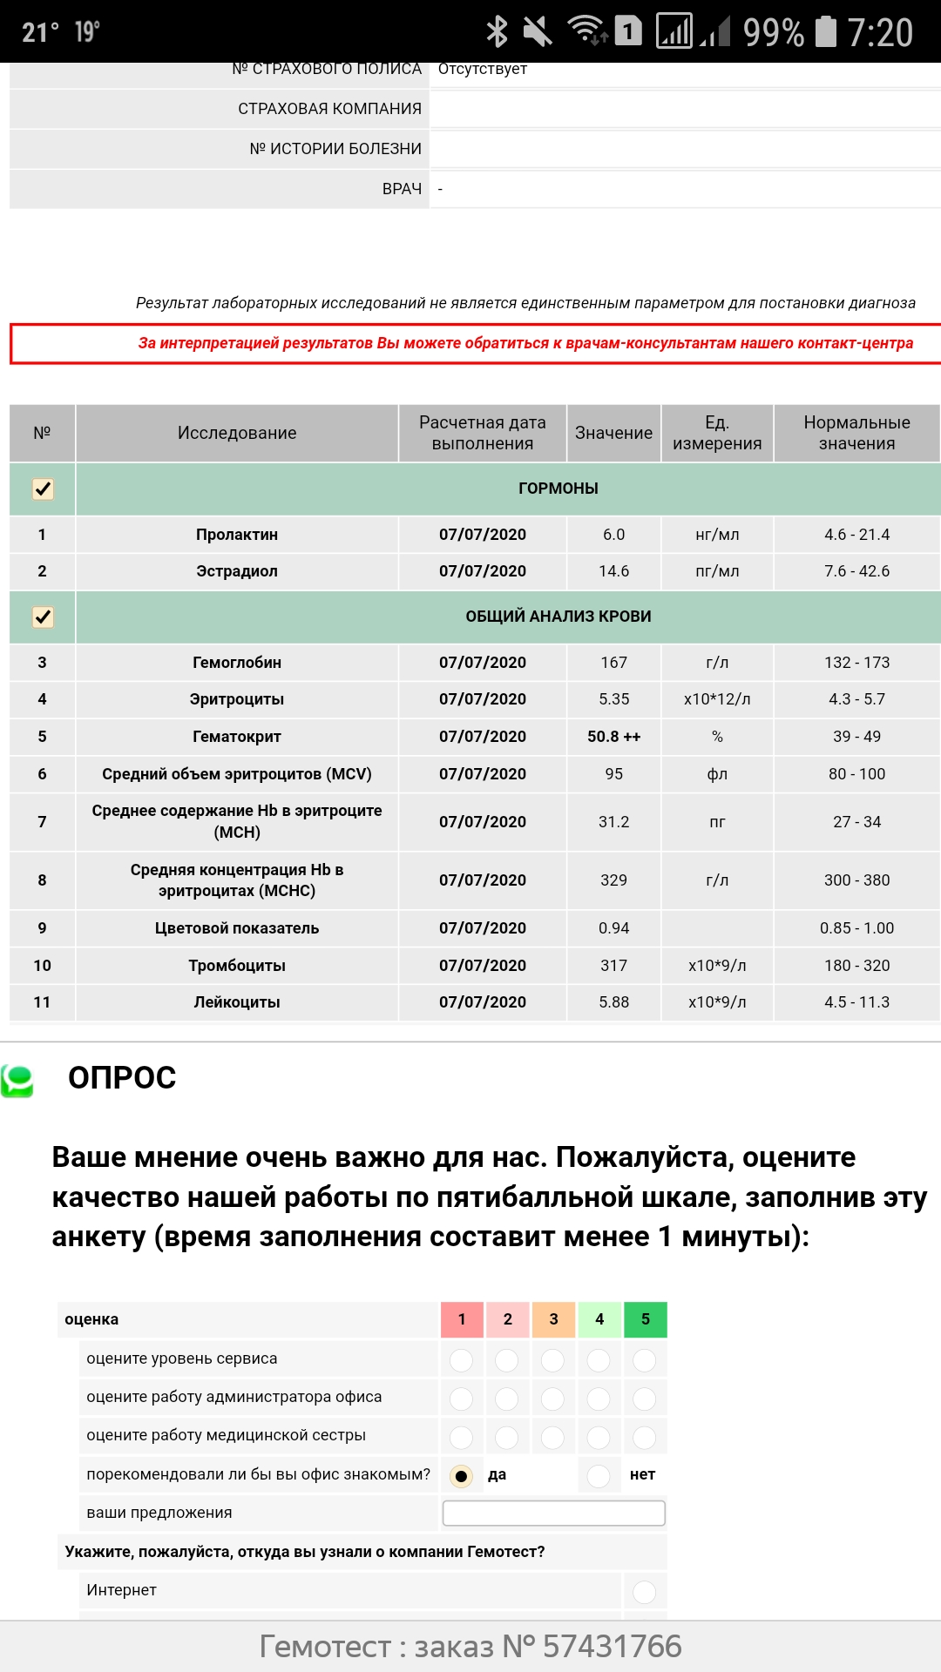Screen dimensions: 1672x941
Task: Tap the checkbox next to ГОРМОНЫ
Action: pos(43,489)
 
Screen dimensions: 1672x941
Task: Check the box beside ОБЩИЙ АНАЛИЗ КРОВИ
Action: pos(43,617)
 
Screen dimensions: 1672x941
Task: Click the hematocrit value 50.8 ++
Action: pos(613,737)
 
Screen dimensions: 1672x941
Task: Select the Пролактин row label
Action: pos(237,535)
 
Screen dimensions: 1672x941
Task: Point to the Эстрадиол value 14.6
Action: pos(613,571)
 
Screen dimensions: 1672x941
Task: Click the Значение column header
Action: pos(613,433)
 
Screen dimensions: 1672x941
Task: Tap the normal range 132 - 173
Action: pos(856,663)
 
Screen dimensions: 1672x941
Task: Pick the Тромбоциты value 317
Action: pos(613,966)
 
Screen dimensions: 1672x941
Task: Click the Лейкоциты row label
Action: pos(237,1002)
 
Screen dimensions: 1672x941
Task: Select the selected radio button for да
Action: pos(461,1476)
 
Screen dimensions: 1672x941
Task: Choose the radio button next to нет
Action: pos(599,1476)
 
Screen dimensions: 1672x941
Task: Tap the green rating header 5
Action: pos(646,1319)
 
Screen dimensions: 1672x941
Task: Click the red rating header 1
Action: pos(462,1319)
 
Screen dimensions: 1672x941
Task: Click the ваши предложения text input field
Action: pos(553,1514)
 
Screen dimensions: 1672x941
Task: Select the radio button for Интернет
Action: pos(644,1592)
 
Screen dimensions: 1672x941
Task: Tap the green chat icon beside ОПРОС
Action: pos(17,1081)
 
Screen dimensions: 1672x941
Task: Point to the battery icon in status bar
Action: pos(825,32)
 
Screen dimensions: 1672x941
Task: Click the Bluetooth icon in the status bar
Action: pos(498,32)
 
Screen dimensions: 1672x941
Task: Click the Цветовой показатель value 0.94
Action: pos(613,928)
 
